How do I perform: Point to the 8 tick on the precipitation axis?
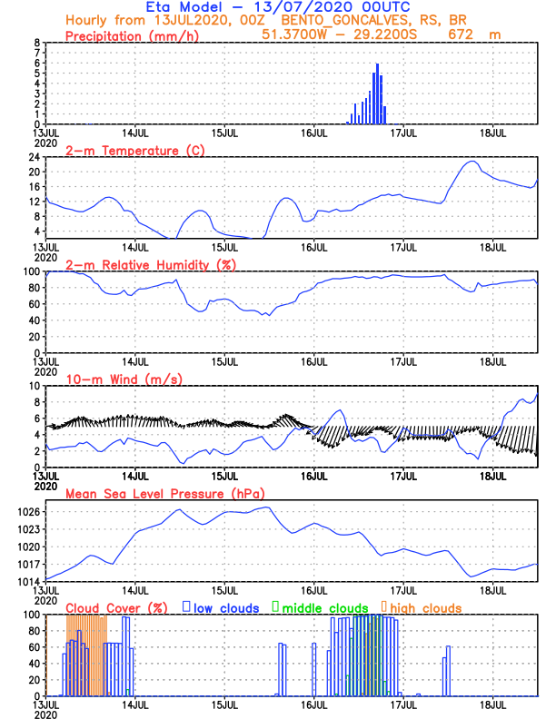point(37,43)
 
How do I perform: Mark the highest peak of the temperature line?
point(471,162)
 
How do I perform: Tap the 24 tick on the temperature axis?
point(35,156)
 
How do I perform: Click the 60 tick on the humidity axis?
point(35,303)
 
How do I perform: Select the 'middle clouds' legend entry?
point(324,607)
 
